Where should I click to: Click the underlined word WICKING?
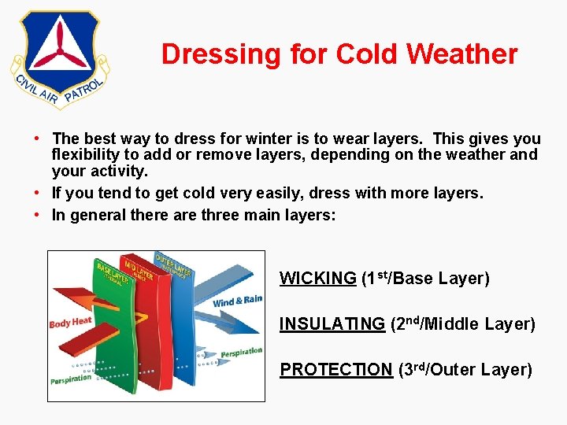[x=317, y=279]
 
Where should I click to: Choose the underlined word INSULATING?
[x=332, y=324]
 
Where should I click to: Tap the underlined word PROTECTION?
[x=335, y=370]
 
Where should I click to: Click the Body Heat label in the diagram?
[x=70, y=322]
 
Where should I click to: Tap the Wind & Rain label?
[x=237, y=299]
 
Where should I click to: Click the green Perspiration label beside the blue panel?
[x=241, y=353]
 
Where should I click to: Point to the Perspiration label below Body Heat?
[x=72, y=379]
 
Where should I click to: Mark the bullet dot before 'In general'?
[x=38, y=215]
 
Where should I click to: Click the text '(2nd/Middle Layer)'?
[x=462, y=324]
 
